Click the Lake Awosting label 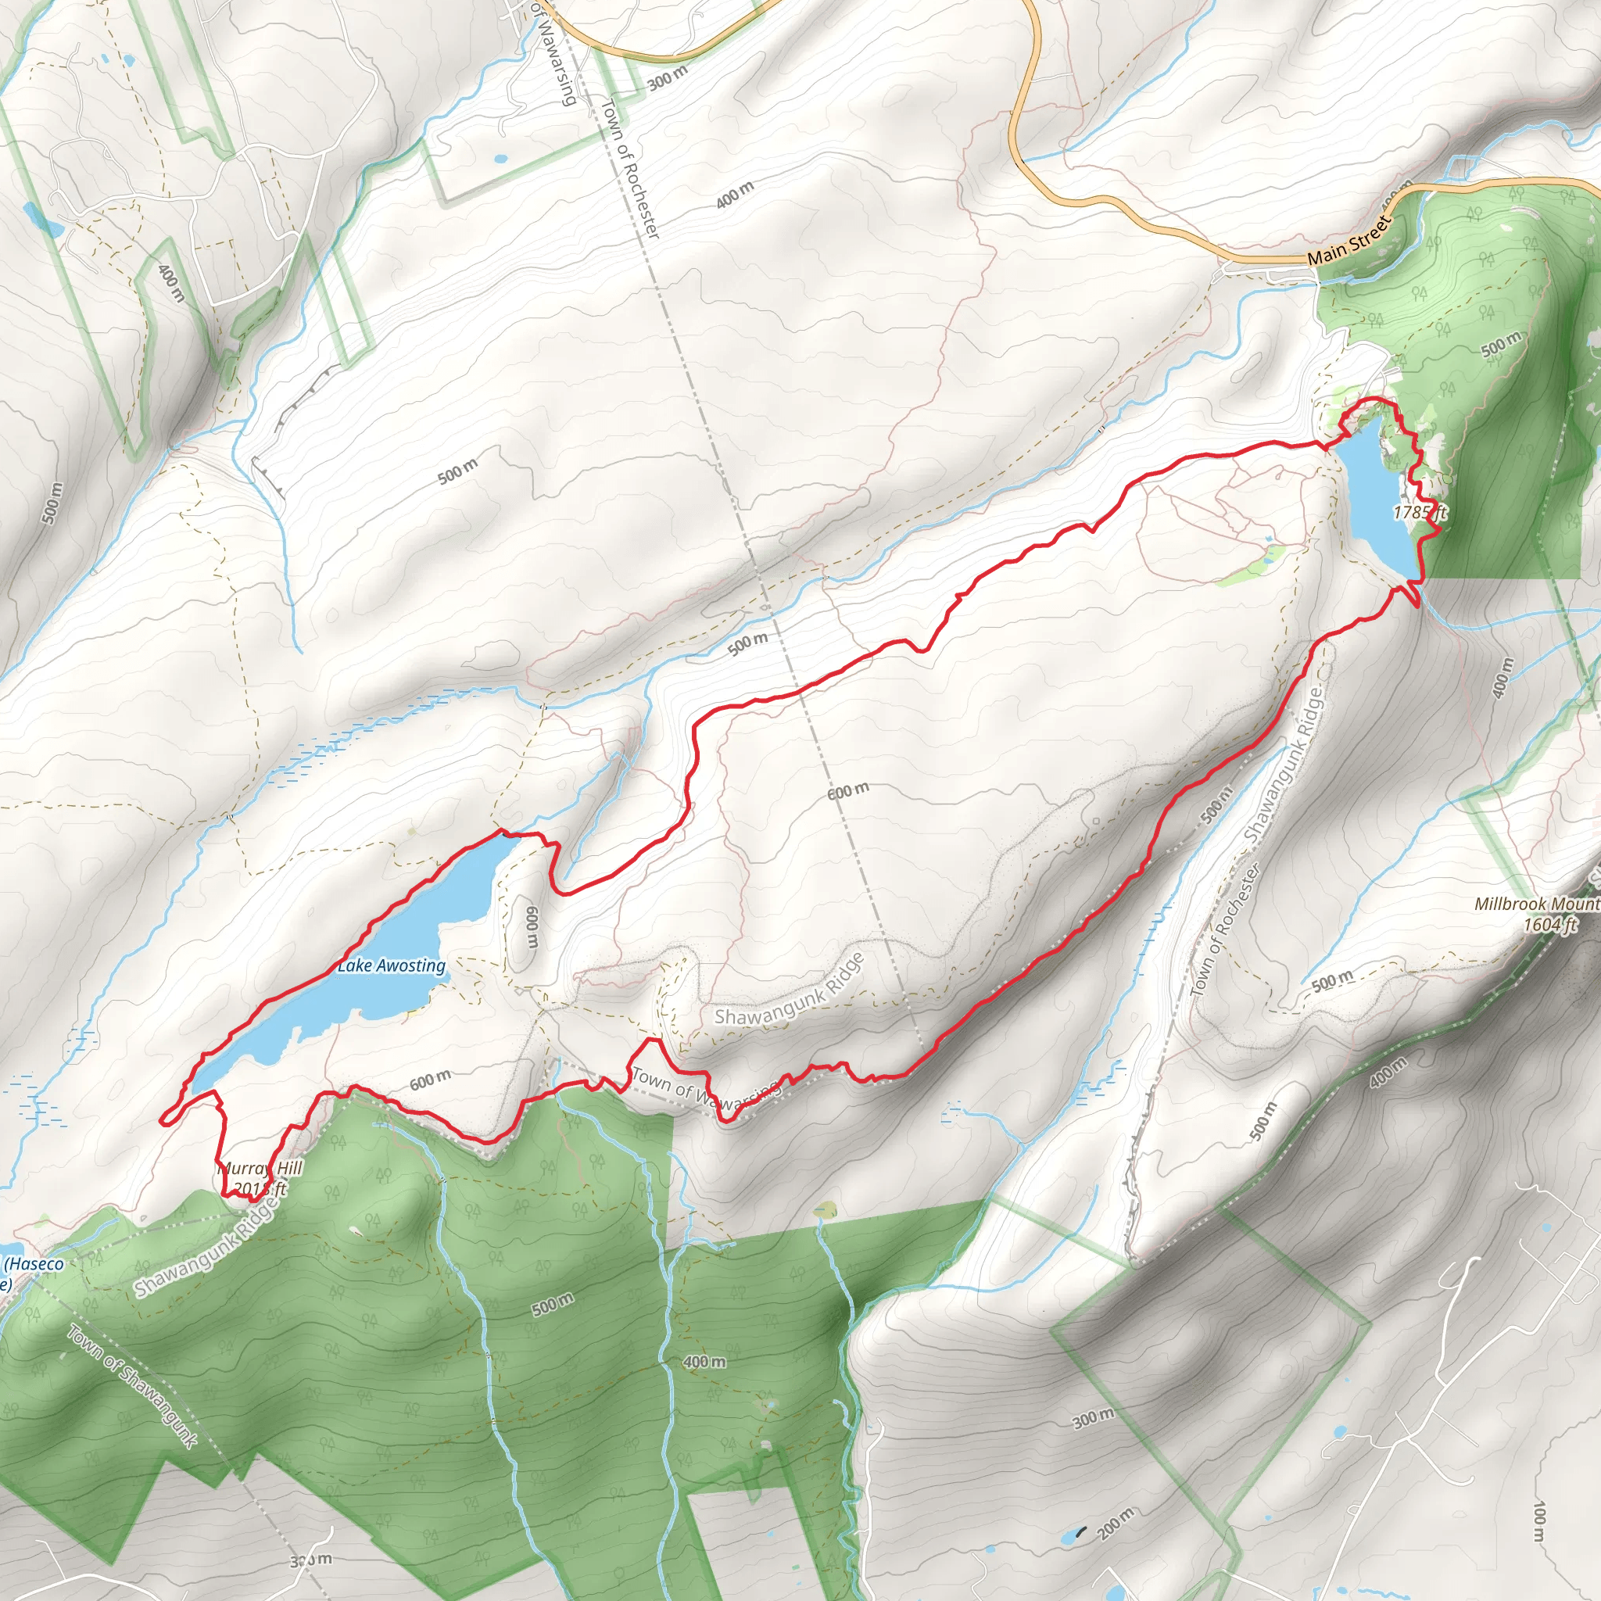[391, 965]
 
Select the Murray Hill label [260, 1169]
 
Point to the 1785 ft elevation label [1420, 512]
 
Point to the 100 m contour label [1540, 1522]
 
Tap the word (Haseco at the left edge [33, 1265]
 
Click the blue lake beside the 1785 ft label [1376, 497]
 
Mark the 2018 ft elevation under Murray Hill [260, 1189]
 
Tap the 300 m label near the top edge [668, 78]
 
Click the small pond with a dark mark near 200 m [1071, 1534]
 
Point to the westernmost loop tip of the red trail [163, 1119]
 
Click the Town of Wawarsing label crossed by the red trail [705, 1089]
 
